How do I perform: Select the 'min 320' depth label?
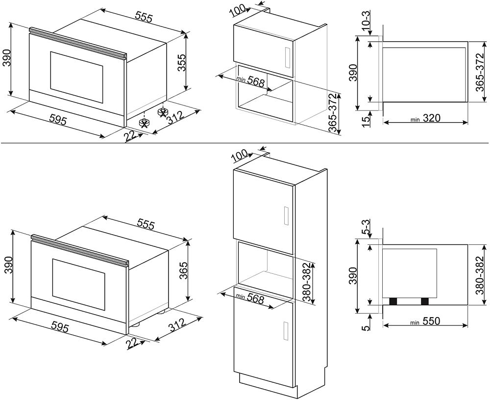[x=426, y=118]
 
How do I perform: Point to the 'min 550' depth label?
[x=426, y=321]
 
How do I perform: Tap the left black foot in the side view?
[x=392, y=301]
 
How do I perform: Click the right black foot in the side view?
[x=424, y=301]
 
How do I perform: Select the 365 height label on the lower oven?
[x=182, y=270]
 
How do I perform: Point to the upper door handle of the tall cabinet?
[x=286, y=216]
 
